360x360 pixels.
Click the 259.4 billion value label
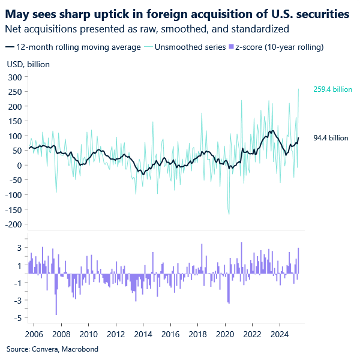tap(332, 89)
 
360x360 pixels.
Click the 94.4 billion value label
tap(331, 138)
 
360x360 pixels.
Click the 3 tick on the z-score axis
tap(19, 248)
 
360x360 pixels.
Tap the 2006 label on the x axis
tap(34, 334)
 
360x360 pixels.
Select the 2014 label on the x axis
tap(143, 334)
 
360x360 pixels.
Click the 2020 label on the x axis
tap(225, 334)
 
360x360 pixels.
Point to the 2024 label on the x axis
tap(280, 334)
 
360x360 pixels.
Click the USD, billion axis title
tap(28, 64)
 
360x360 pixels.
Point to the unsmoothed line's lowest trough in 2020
tap(229, 214)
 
